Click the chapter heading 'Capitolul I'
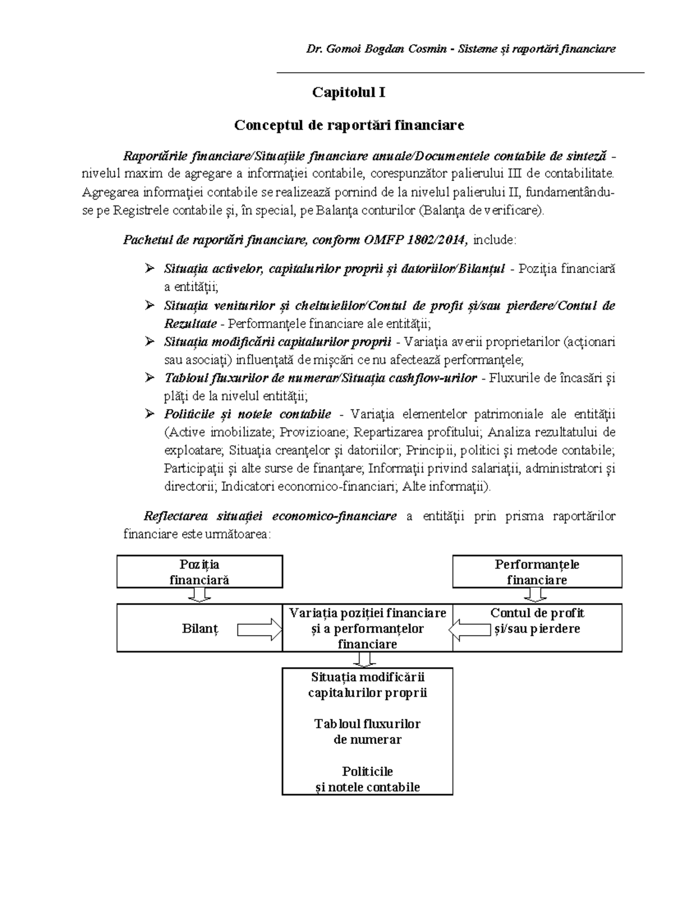click(x=348, y=93)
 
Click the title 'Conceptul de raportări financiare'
click(x=348, y=125)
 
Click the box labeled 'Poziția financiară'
click(x=200, y=572)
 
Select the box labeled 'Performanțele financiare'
click(x=537, y=572)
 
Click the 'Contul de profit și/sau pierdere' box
click(x=537, y=621)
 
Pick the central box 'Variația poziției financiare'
click(x=367, y=628)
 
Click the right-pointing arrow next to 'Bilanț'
click(x=260, y=629)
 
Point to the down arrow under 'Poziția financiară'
click(x=200, y=595)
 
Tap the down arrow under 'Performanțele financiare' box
click(x=535, y=595)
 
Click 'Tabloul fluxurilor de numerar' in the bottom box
click(x=367, y=732)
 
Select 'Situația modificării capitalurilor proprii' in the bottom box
click(x=367, y=685)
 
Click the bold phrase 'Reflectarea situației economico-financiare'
click(x=270, y=516)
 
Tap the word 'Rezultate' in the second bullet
click(x=190, y=324)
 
